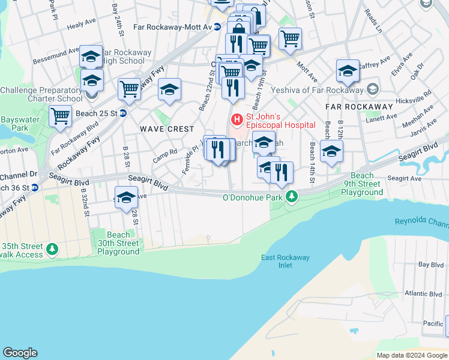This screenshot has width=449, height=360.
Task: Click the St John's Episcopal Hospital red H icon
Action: pos(237,120)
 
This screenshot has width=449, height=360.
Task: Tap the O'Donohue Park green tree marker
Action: pos(292,196)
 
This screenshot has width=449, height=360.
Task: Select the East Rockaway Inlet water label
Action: pos(285,262)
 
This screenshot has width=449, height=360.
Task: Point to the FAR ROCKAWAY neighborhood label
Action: pos(359,106)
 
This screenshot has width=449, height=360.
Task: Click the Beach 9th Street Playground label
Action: pos(362,184)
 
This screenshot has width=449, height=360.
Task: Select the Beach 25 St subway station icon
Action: pos(123,113)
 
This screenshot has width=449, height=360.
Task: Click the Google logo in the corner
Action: pos(20,353)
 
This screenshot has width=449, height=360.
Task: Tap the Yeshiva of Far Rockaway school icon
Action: pos(372,89)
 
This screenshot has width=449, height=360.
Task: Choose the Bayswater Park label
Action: pos(15,124)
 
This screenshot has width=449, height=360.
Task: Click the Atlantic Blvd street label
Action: pos(423,294)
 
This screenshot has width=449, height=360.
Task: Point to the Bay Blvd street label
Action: pos(431,265)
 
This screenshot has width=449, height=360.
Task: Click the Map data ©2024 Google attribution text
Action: pos(412,355)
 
